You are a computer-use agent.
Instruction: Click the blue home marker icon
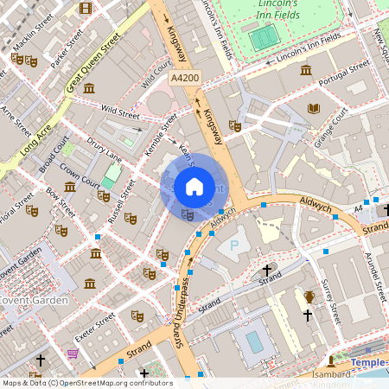pyautogui.click(x=194, y=186)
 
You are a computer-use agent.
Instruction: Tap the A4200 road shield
pyautogui.click(x=184, y=78)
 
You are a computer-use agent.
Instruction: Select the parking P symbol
pyautogui.click(x=233, y=246)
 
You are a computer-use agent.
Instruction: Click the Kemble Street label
pyautogui.click(x=161, y=135)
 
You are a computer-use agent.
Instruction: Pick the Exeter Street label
pyautogui.click(x=93, y=329)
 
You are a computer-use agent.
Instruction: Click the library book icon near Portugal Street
pyautogui.click(x=313, y=108)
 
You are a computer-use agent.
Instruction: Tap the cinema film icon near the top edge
pyautogui.click(x=85, y=8)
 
